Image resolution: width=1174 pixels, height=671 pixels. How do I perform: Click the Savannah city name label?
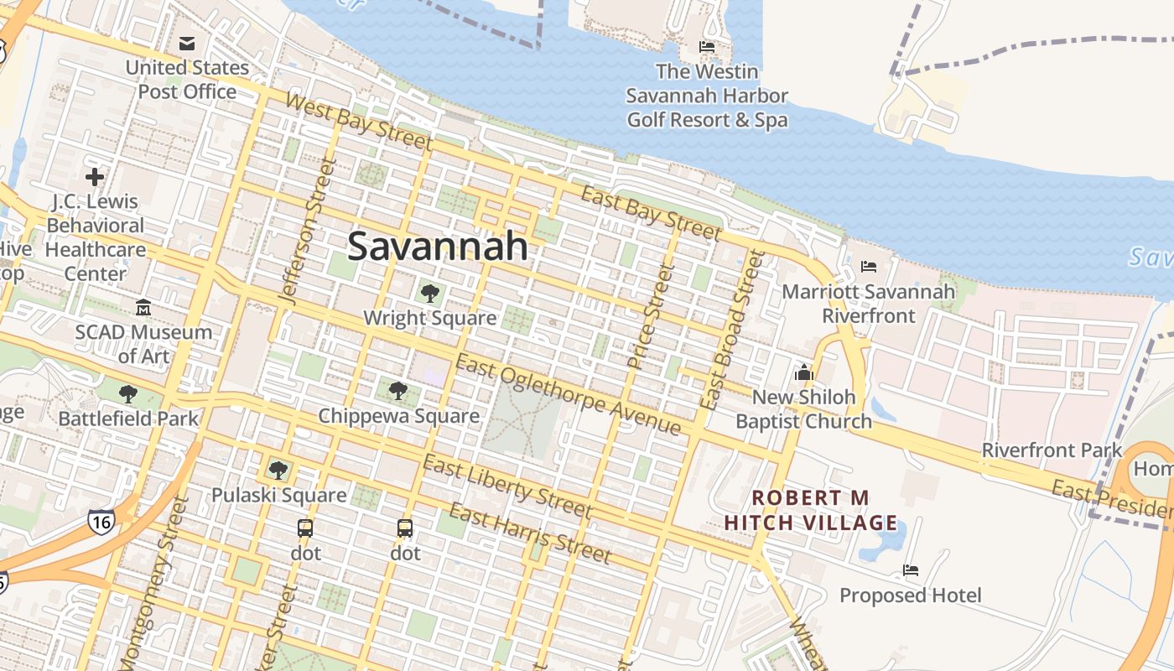(x=438, y=247)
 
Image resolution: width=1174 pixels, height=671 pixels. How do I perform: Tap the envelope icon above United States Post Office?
(x=187, y=43)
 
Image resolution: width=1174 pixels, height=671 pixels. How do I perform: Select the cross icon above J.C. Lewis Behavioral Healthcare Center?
(x=95, y=177)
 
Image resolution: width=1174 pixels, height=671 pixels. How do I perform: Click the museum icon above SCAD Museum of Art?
(x=143, y=308)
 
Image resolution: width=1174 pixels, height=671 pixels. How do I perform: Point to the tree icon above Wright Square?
(x=430, y=294)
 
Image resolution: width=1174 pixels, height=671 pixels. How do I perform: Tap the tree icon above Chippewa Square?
(x=398, y=391)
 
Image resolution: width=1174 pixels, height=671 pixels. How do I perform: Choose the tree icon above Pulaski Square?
(x=278, y=471)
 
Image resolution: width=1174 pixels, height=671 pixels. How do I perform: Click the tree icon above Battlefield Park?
(x=128, y=394)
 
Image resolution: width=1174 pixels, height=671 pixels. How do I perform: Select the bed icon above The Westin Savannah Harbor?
(x=707, y=47)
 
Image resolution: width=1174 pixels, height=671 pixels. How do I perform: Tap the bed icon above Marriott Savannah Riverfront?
(x=869, y=267)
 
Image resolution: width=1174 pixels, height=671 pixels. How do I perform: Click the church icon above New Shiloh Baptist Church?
(x=804, y=372)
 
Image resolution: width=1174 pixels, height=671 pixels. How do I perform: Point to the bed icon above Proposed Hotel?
(x=911, y=570)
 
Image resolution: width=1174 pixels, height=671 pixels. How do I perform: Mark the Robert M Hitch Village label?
(x=811, y=511)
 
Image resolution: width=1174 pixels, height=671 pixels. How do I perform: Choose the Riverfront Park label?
(x=1052, y=450)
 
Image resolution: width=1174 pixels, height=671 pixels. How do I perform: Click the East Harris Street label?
(x=530, y=533)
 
